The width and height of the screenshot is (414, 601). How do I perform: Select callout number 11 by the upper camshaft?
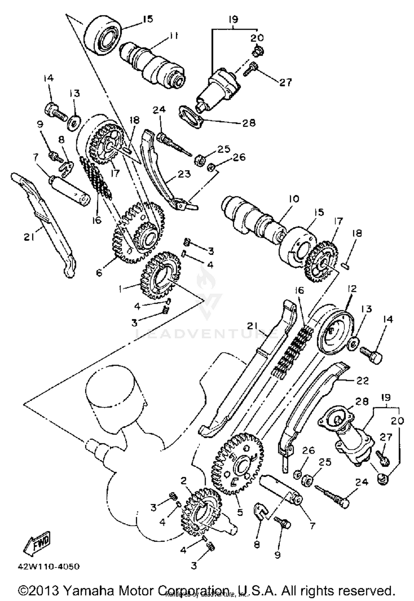tap(173, 36)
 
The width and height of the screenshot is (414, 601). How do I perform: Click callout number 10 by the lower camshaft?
tap(294, 199)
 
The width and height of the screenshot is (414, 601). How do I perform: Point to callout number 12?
tap(352, 289)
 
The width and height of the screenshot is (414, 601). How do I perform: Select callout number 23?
tap(184, 174)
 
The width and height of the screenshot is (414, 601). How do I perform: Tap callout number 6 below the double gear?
tap(99, 273)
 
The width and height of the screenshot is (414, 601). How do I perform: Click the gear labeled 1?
tap(160, 275)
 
